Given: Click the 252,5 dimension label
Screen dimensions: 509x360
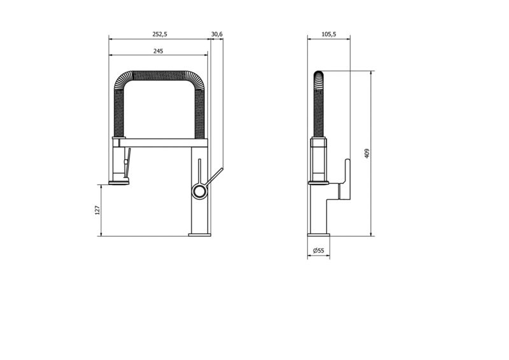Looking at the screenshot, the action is click(x=160, y=34).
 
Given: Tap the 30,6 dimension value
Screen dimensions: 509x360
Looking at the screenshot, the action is click(x=217, y=34).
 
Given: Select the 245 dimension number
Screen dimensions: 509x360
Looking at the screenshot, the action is click(x=158, y=51).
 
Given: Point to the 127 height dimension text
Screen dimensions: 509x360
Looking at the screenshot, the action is click(x=97, y=211).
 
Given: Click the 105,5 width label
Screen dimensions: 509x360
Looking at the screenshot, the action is click(x=329, y=34).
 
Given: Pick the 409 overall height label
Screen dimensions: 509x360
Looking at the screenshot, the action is click(x=367, y=153).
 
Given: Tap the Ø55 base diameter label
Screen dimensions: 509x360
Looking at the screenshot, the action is click(x=319, y=251).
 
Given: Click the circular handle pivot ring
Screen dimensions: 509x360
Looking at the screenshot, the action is click(x=199, y=191).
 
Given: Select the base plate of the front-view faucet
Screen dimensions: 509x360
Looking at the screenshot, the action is click(x=200, y=235).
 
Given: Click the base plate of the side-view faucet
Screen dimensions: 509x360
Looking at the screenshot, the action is click(x=319, y=235).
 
